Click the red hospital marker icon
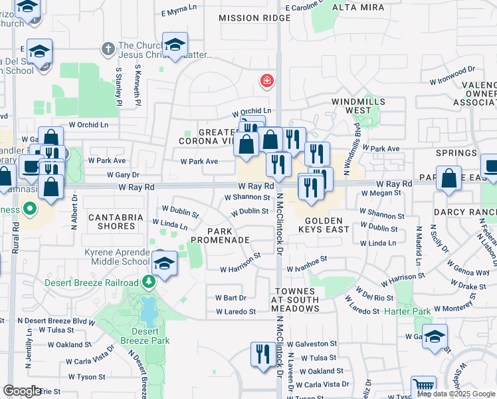coord(267,81)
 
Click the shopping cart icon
coord(423,386)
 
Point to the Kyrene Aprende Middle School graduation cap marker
coord(163,263)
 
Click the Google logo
coord(22,391)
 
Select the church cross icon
coord(108,49)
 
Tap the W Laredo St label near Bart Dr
coord(235,311)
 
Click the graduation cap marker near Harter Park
coord(435,337)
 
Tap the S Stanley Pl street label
coord(119,86)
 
